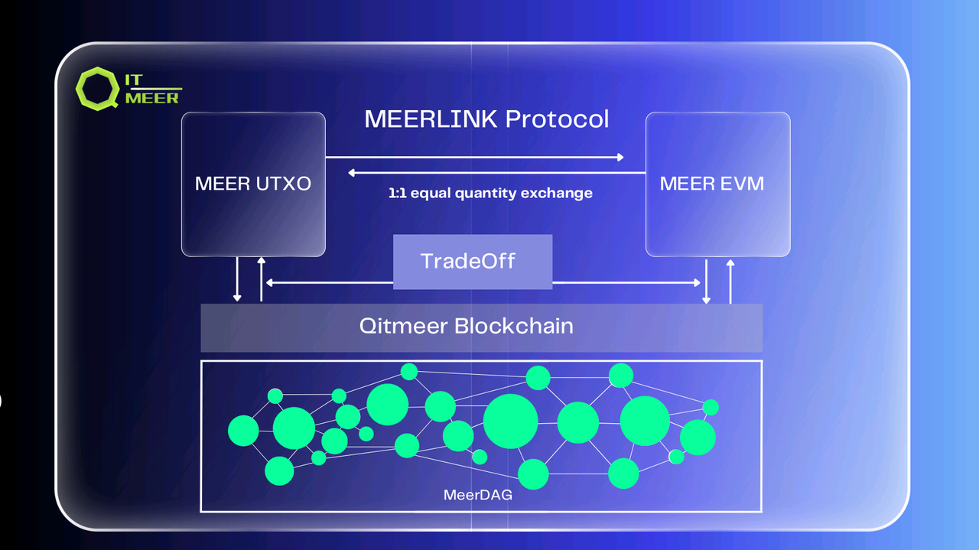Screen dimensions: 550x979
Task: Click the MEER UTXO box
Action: coord(253,184)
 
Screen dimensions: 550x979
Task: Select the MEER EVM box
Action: coord(717,184)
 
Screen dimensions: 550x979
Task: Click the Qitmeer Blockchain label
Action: coord(467,327)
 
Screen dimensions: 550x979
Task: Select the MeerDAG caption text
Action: coord(478,495)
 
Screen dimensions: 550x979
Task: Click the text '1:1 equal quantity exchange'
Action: coord(490,194)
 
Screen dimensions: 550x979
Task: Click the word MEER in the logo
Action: coord(152,98)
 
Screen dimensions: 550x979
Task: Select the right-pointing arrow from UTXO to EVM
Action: coord(474,158)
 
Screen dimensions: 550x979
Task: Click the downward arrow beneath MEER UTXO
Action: coord(238,279)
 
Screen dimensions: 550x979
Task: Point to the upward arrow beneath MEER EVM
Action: coord(730,281)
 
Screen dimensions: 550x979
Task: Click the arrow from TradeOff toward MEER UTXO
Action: coord(329,283)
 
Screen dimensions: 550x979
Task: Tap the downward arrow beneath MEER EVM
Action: coord(706,281)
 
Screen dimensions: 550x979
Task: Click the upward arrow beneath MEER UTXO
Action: coord(262,279)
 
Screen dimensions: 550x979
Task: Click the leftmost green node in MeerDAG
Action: coord(243,431)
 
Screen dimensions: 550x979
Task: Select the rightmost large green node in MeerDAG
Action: coord(697,438)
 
